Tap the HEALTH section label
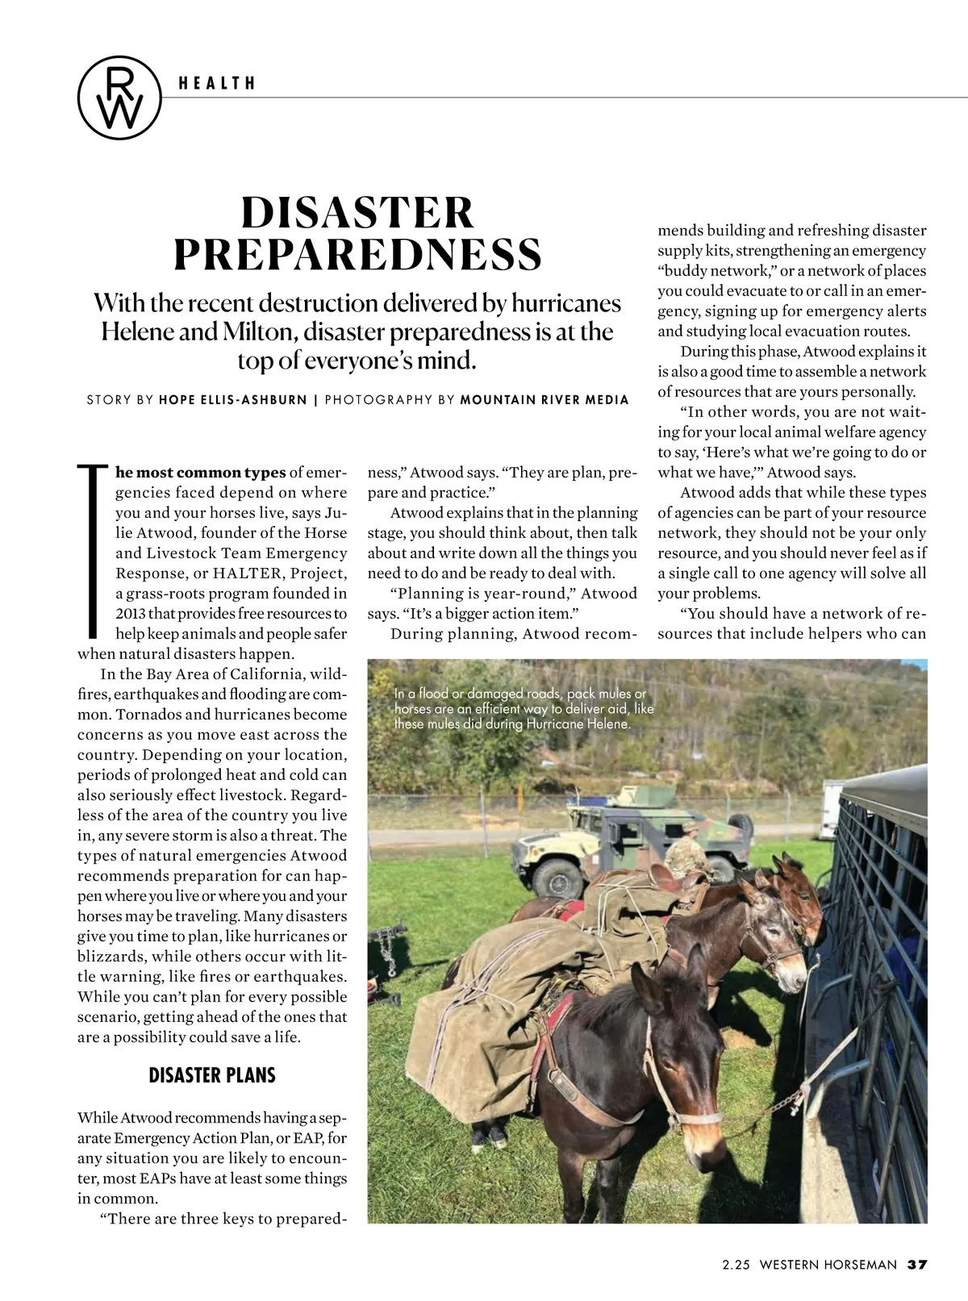click(x=218, y=83)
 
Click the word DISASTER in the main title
click(x=357, y=212)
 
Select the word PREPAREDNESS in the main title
click(x=357, y=254)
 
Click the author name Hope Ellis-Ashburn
click(x=234, y=399)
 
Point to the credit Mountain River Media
click(x=544, y=399)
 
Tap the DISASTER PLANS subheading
click(x=212, y=1075)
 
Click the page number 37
click(x=917, y=1265)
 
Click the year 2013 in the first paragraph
click(x=131, y=614)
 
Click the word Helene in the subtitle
click(x=136, y=332)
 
